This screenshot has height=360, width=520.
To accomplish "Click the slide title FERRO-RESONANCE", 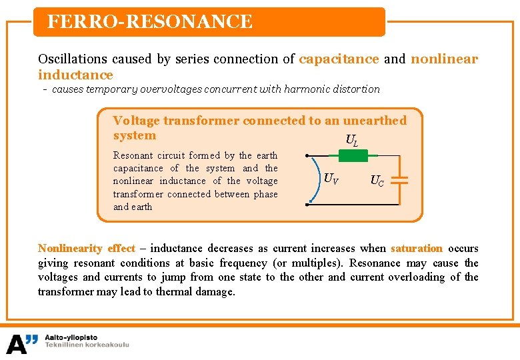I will point(150,22).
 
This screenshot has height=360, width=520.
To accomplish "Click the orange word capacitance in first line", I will point(339,59).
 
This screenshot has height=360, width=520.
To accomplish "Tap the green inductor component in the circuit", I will point(353,156).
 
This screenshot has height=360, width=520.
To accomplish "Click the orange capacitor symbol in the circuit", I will point(399,181).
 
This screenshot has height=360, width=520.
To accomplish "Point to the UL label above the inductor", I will point(351,140).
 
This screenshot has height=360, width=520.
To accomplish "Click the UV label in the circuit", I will point(331,178).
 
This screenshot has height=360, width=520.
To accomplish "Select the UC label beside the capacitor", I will point(377,181).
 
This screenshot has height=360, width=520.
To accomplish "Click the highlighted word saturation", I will point(417,248).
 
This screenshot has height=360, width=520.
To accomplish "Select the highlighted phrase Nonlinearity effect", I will point(86,248).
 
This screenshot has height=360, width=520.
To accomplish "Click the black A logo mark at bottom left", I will point(22,343).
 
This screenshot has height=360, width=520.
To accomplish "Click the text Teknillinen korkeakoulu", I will point(87,345).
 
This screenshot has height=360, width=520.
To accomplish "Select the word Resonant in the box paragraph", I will point(133,155).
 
